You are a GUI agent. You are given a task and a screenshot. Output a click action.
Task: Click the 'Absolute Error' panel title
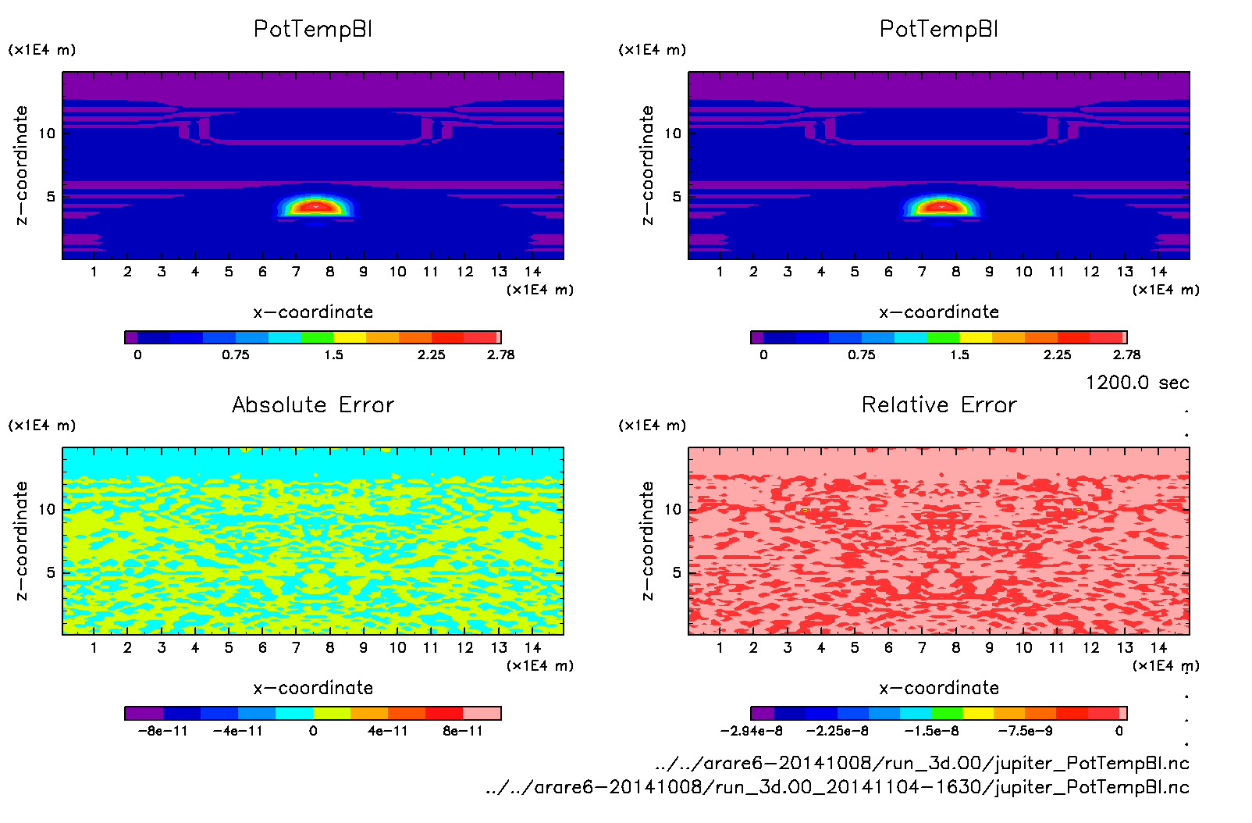point(313,404)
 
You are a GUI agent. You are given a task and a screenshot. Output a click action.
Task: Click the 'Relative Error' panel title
point(939,404)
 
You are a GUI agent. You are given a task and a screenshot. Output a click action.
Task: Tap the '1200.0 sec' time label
point(1136,383)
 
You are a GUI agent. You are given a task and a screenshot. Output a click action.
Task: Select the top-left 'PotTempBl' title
point(313,29)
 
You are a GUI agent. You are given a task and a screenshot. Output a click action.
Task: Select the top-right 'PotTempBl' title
point(939,29)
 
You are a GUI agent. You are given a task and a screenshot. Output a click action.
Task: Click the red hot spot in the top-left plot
point(315,207)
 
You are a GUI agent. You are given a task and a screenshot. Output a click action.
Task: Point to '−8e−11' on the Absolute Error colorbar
point(163,731)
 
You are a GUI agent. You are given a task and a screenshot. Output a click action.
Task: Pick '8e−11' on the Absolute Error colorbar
point(463,731)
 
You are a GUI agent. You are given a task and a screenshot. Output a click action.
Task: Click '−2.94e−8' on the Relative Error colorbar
point(751,731)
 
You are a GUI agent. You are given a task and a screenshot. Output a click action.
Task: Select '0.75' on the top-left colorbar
point(235,354)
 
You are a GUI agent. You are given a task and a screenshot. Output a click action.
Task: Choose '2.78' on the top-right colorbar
point(1126,354)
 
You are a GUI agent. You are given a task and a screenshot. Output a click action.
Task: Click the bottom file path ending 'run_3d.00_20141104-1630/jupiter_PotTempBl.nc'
point(837,787)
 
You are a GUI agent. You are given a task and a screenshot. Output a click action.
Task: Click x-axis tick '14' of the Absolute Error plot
point(532,647)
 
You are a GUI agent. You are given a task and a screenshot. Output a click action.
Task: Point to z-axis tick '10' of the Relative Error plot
point(673,509)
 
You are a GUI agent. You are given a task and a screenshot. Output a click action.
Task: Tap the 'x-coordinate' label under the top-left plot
point(313,312)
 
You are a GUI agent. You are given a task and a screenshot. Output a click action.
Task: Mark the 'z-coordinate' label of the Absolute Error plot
point(21,540)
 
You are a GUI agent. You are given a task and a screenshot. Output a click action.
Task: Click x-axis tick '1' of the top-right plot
point(720,272)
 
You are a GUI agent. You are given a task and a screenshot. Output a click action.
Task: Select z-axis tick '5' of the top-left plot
point(51,196)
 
